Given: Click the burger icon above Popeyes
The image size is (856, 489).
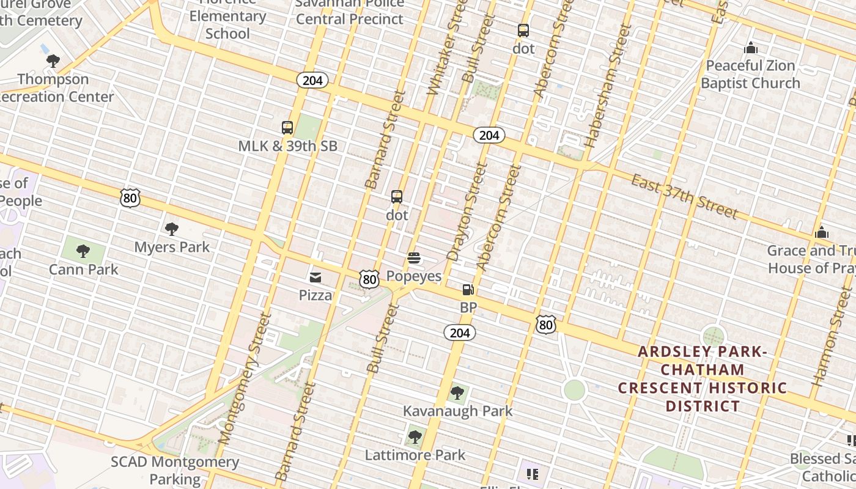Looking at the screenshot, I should pyautogui.click(x=414, y=259).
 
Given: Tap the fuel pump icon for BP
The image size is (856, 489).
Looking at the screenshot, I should pyautogui.click(x=468, y=290).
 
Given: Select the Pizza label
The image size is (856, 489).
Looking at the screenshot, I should pyautogui.click(x=315, y=295).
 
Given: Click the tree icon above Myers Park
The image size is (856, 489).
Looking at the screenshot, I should pyautogui.click(x=172, y=229).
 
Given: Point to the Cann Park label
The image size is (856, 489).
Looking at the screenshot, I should pyautogui.click(x=84, y=270).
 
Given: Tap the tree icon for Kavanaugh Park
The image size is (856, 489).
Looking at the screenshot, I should pyautogui.click(x=457, y=393).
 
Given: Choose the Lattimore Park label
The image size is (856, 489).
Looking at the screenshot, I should pyautogui.click(x=415, y=455).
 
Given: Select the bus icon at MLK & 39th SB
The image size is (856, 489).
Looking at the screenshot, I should pyautogui.click(x=287, y=128).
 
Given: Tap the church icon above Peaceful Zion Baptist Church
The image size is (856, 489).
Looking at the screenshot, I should pyautogui.click(x=751, y=48).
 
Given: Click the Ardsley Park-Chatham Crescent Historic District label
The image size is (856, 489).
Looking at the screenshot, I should pyautogui.click(x=703, y=378).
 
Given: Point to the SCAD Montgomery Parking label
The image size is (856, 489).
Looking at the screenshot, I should pyautogui.click(x=175, y=470).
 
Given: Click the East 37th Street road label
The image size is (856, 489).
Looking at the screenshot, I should pyautogui.click(x=685, y=196).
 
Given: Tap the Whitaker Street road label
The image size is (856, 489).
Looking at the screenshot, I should pyautogui.click(x=445, y=48).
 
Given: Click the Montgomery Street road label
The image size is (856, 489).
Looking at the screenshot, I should pyautogui.click(x=244, y=379).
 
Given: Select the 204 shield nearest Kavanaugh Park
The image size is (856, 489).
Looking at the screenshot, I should pyautogui.click(x=459, y=333).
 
